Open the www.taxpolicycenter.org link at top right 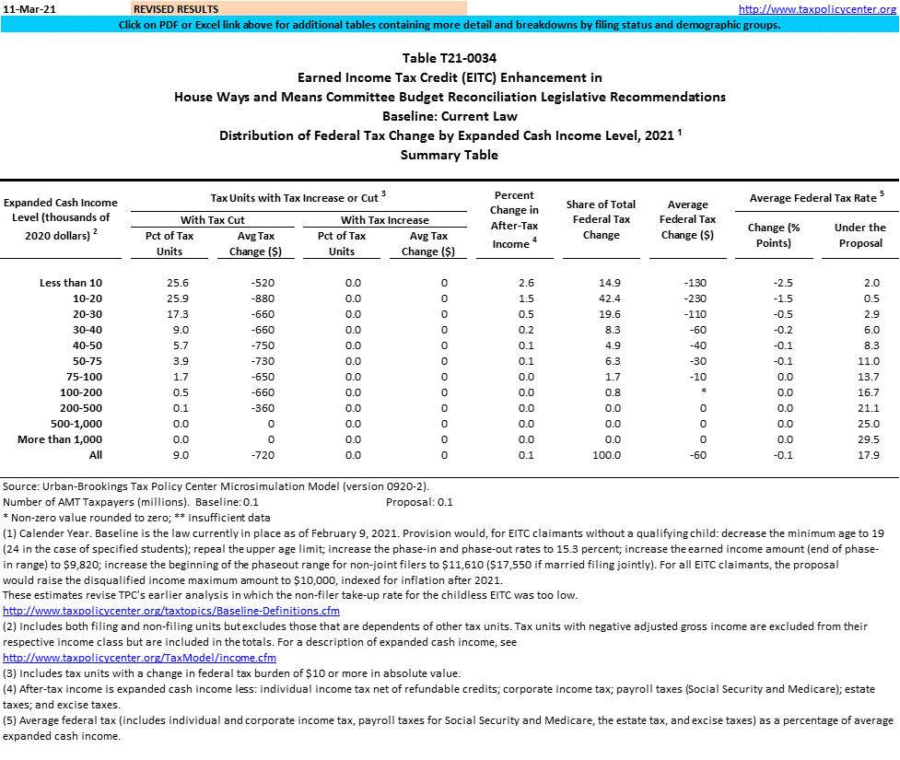pos(817,9)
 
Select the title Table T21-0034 pos(450,58)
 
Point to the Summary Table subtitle pos(450,155)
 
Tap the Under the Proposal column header pos(859,235)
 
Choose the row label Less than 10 pos(72,282)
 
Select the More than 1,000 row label pos(60,439)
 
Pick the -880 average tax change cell pos(263,298)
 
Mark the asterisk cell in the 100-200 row pos(703,392)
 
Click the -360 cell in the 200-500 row pos(263,408)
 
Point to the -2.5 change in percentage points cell pos(781,282)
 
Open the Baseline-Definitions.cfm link pos(171,611)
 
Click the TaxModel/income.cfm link pos(140,658)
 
